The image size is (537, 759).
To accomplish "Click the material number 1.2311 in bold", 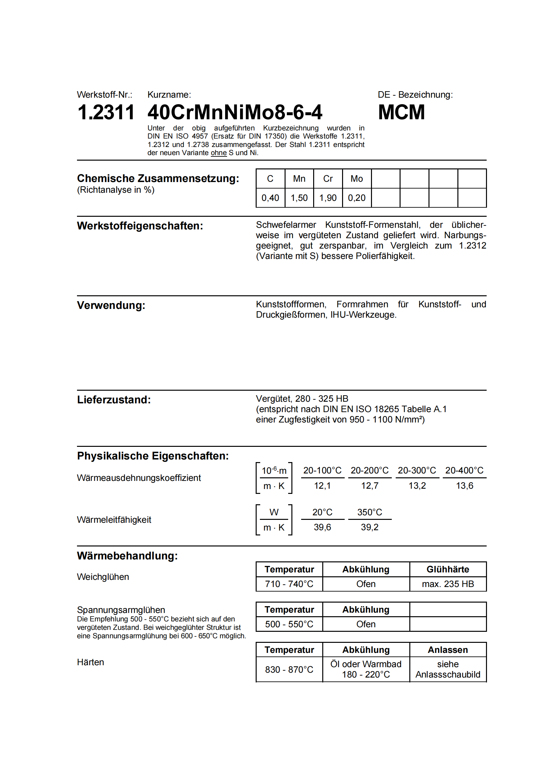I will [x=106, y=112].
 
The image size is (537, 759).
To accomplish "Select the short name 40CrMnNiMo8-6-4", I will [x=235, y=112].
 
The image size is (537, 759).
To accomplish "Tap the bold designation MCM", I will [x=401, y=112].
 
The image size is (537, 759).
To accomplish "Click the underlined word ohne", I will [x=218, y=153].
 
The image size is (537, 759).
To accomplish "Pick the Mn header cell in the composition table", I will [x=299, y=179].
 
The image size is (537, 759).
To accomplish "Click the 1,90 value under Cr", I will [x=327, y=198].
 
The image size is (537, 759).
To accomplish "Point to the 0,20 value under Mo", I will [x=356, y=198].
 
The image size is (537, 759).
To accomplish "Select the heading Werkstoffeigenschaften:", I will [x=140, y=226].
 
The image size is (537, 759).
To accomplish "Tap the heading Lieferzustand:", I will [x=114, y=400].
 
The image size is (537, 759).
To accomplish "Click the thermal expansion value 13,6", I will [x=464, y=486].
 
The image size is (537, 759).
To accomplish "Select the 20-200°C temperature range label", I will [x=370, y=471].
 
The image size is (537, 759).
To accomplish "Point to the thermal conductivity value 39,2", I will [x=370, y=527].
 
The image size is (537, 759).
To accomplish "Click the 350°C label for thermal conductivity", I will [x=370, y=512].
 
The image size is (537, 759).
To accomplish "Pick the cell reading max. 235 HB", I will [x=448, y=584].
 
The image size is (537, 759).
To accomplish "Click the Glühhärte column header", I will [x=448, y=569].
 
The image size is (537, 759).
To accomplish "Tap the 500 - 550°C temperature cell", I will [x=289, y=624].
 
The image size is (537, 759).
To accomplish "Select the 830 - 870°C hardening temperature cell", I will [x=289, y=669].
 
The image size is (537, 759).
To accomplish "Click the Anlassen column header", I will [x=448, y=650].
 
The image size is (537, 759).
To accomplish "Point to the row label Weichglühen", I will [x=103, y=577].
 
